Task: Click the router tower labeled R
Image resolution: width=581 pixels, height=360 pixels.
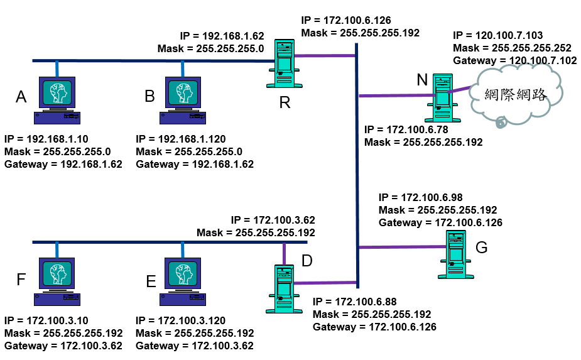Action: point(285,63)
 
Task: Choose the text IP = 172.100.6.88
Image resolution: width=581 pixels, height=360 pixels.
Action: point(354,302)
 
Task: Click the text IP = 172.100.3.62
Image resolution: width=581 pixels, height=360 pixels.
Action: point(273,220)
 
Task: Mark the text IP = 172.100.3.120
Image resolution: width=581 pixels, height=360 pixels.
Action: point(181,320)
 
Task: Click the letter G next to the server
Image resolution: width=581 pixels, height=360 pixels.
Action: point(482,247)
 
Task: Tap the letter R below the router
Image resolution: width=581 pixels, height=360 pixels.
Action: point(285,102)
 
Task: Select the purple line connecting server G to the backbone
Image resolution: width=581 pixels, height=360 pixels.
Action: point(402,246)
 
